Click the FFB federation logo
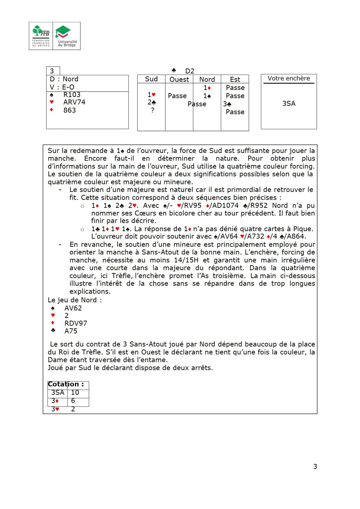point(41,36)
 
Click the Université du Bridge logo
point(67,36)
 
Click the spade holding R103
point(72,95)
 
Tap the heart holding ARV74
point(74,102)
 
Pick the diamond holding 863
point(70,110)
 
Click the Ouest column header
point(179,79)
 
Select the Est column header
point(235,79)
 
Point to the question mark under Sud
point(152,110)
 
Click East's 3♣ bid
point(227,104)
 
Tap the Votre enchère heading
point(289,78)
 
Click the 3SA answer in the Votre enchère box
point(289,103)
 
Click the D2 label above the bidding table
point(190,71)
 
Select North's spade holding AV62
point(73,308)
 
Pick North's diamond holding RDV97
point(76,323)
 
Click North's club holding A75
point(71,331)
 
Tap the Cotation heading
point(66,384)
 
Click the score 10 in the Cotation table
point(75,392)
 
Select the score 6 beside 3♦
point(73,401)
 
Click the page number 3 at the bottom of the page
point(315,466)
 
